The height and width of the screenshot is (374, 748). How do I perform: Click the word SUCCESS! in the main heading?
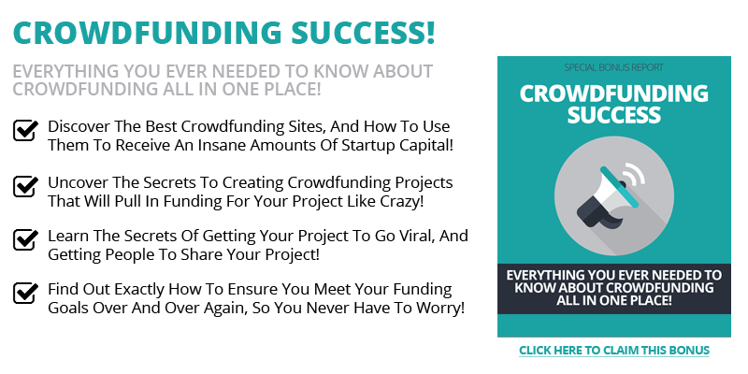pos(363,33)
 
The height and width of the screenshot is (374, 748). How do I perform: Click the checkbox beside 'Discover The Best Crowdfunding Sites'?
pos(25,130)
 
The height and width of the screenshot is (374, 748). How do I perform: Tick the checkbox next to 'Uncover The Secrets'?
pos(25,186)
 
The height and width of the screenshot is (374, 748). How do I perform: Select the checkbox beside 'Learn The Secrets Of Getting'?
pos(25,240)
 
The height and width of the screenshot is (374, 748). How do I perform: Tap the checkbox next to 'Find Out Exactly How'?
pos(25,293)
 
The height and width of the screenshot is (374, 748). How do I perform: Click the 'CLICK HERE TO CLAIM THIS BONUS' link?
pos(614,350)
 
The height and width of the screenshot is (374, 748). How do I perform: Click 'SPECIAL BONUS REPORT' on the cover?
pos(614,67)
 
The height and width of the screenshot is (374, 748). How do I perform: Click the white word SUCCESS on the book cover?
pos(614,115)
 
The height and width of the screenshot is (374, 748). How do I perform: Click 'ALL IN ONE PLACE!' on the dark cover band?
pos(614,300)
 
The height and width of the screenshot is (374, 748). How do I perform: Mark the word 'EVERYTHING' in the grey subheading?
pos(65,71)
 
